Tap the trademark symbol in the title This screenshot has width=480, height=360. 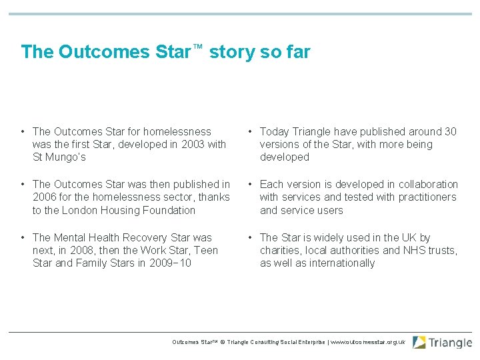(197, 46)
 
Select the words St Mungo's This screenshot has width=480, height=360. (59, 157)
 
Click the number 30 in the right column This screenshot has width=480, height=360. (450, 132)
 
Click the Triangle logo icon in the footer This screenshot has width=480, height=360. (419, 343)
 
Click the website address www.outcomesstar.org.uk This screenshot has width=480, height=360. (369, 342)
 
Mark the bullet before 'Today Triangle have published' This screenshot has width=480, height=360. (249, 132)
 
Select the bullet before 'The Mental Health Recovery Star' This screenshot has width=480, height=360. (23, 237)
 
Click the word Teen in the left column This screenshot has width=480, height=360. (207, 250)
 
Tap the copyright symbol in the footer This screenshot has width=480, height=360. (222, 342)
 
